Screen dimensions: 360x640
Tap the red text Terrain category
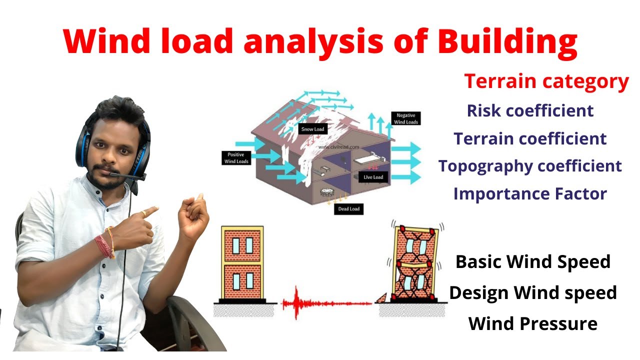click(x=546, y=81)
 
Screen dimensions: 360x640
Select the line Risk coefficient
click(x=530, y=110)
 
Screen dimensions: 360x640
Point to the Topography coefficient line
click(x=530, y=166)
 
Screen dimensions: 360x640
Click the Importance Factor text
click(x=530, y=193)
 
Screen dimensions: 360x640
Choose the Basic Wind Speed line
click(x=533, y=261)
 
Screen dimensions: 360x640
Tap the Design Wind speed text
click(x=533, y=292)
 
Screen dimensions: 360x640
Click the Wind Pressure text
click(x=533, y=323)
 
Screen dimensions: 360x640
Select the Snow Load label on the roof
click(x=312, y=129)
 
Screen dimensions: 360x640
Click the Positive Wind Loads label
click(x=235, y=158)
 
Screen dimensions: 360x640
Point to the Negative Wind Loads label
click(x=405, y=118)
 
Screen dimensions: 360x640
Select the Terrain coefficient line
click(x=530, y=138)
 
